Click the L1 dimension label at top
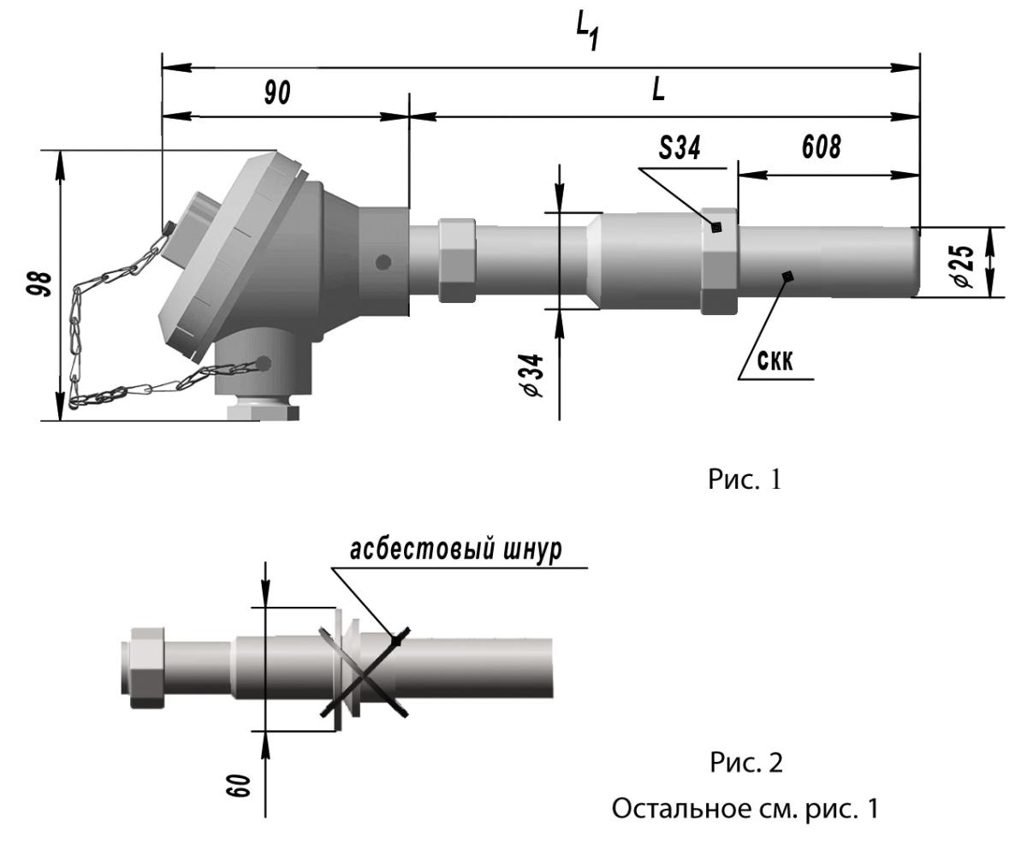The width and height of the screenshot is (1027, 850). (x=586, y=33)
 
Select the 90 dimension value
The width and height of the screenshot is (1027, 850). (x=276, y=93)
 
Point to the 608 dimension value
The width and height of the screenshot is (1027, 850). (x=820, y=149)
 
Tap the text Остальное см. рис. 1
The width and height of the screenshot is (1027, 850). (x=742, y=807)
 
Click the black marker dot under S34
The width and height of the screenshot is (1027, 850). (x=717, y=227)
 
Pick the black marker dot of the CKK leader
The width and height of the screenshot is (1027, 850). (x=787, y=275)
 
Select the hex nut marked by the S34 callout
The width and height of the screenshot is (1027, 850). (x=718, y=259)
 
